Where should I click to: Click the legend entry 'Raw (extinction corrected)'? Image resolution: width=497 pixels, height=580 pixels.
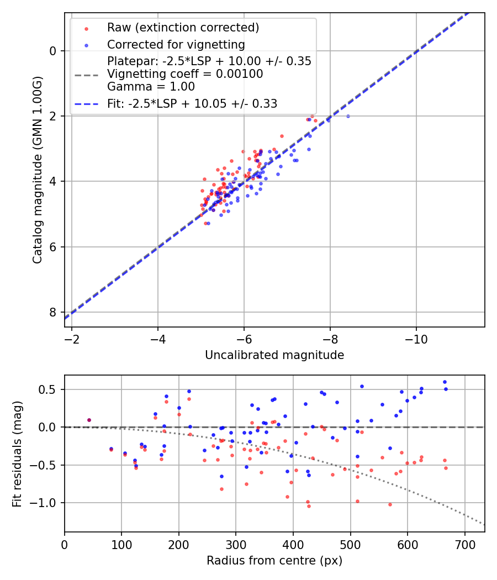(x=183, y=28)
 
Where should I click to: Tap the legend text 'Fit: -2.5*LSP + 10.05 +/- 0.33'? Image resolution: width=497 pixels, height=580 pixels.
(x=192, y=103)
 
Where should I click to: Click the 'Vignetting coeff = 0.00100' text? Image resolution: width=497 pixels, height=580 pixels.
(x=185, y=74)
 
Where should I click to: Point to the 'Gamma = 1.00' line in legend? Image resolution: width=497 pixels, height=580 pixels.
(x=151, y=87)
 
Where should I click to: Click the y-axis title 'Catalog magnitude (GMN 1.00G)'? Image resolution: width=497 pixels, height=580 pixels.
(x=37, y=170)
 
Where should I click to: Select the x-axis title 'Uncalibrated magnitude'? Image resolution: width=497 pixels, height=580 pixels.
(x=274, y=355)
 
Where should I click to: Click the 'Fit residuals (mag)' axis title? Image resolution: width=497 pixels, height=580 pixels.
(x=17, y=454)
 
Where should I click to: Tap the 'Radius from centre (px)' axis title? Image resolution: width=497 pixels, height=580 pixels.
(x=274, y=561)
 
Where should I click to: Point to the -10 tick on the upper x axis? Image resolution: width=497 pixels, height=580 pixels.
(x=416, y=339)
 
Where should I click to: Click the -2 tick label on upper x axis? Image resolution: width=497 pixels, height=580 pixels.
(x=72, y=339)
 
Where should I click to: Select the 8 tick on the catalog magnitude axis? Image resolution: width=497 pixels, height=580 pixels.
(x=53, y=312)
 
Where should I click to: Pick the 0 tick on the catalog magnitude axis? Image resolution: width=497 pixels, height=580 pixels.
(x=53, y=51)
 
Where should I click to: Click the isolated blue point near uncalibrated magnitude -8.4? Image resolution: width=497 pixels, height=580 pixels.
(x=348, y=116)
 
